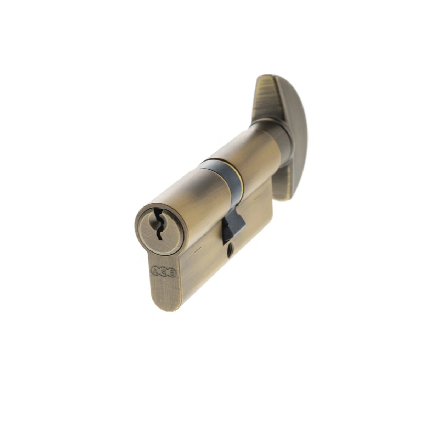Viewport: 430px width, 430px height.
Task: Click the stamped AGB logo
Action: (164, 272)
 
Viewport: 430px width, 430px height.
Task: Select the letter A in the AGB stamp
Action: (155, 271)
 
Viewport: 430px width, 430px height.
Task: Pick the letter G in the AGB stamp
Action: (164, 272)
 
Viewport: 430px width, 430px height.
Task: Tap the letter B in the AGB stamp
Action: (171, 273)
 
